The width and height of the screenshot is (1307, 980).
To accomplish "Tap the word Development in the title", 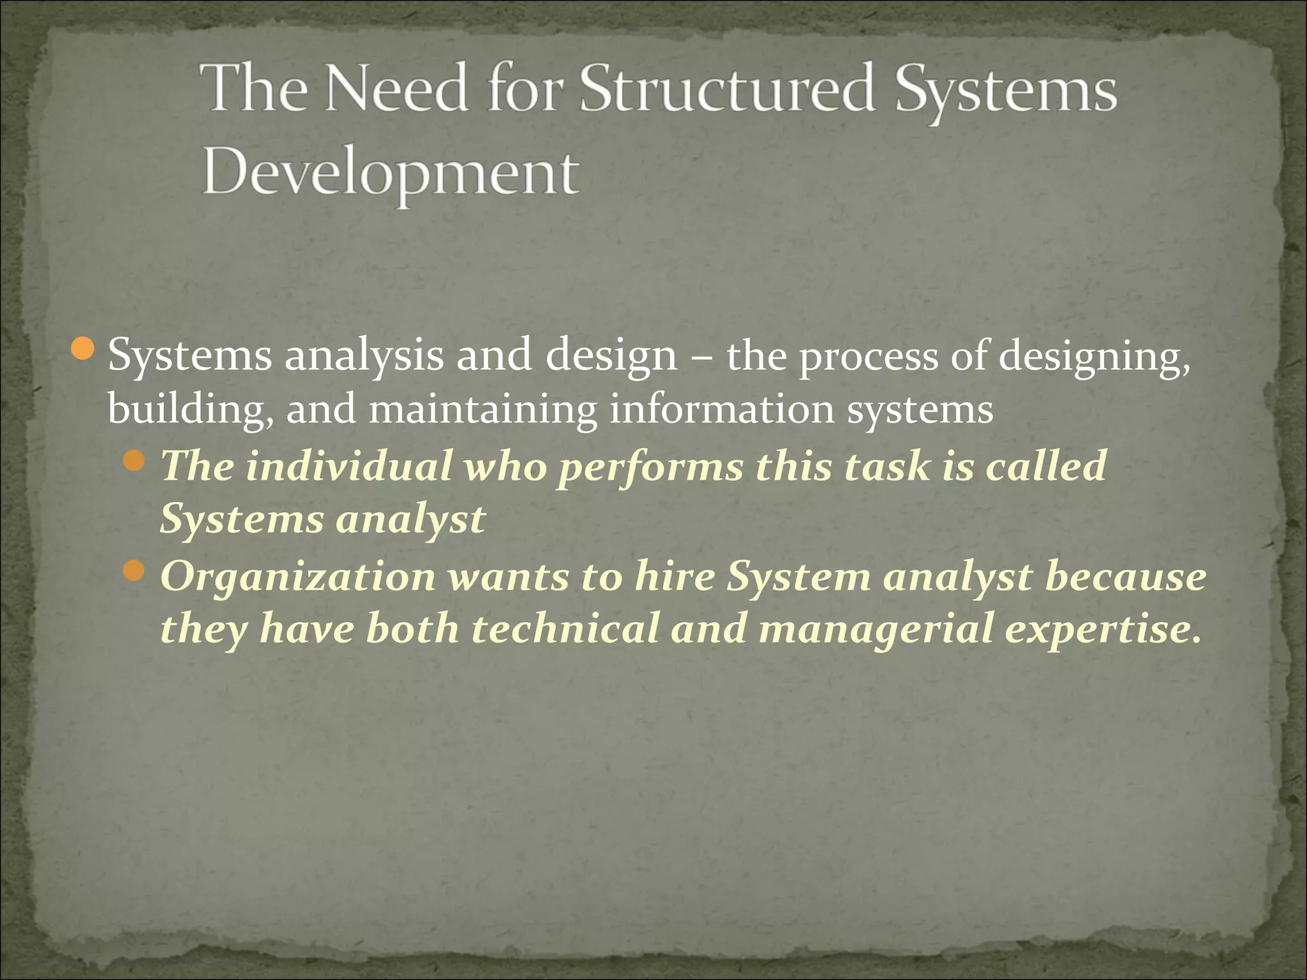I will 391,174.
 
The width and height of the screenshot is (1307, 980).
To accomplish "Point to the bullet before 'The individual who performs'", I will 134,459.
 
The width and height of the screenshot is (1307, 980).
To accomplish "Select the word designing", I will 1094,357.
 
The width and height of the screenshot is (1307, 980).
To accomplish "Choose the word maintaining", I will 482,410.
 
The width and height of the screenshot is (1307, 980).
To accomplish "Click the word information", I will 722,410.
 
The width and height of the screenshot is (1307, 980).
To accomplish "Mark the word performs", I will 650,467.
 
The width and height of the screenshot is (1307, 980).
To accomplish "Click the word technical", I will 565,629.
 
